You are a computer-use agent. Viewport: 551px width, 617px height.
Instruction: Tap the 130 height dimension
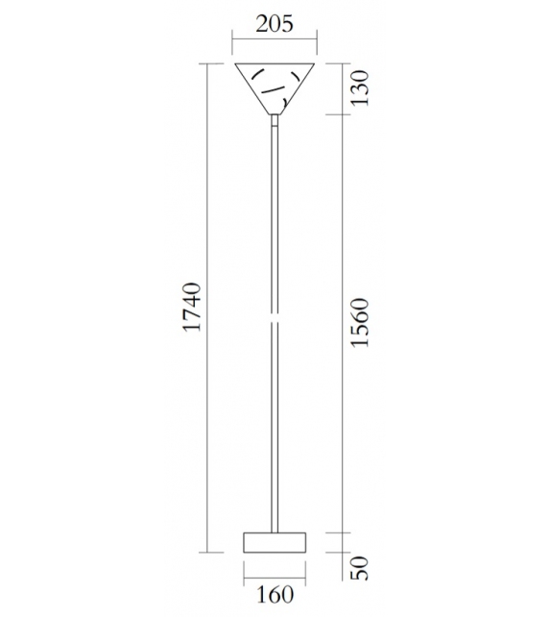coord(358,88)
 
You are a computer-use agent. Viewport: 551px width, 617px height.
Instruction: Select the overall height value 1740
coord(191,308)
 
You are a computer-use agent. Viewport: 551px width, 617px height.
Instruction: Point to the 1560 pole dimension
coord(358,324)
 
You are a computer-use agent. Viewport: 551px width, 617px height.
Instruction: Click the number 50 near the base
coord(358,567)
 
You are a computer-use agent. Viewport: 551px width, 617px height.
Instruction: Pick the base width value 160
coord(275,596)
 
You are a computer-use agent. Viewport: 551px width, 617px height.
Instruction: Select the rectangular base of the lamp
coord(275,542)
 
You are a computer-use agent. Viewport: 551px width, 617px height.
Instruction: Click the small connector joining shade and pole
coord(275,120)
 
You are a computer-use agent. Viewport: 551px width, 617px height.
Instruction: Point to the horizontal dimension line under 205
coord(275,39)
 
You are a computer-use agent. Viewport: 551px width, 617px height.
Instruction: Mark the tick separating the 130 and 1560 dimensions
coord(344,115)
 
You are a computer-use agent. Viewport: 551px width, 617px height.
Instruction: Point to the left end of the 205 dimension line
coord(235,39)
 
